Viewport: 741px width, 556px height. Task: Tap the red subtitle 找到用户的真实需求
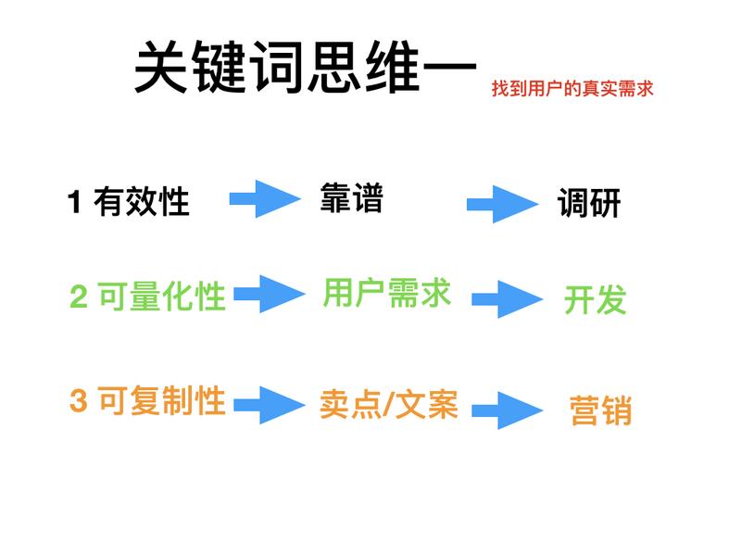[572, 90]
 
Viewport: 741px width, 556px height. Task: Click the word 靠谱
[351, 197]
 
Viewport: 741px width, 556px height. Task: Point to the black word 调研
[588, 204]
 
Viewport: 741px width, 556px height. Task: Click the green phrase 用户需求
[386, 294]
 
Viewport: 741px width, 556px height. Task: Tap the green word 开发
[595, 299]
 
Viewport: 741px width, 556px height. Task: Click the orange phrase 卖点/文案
[389, 405]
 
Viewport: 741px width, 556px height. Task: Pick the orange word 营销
[599, 410]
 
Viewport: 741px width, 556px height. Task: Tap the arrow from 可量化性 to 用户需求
[269, 294]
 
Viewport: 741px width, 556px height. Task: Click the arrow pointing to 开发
[506, 299]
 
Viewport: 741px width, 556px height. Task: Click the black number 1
[76, 202]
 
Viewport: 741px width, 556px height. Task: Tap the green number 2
[79, 297]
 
